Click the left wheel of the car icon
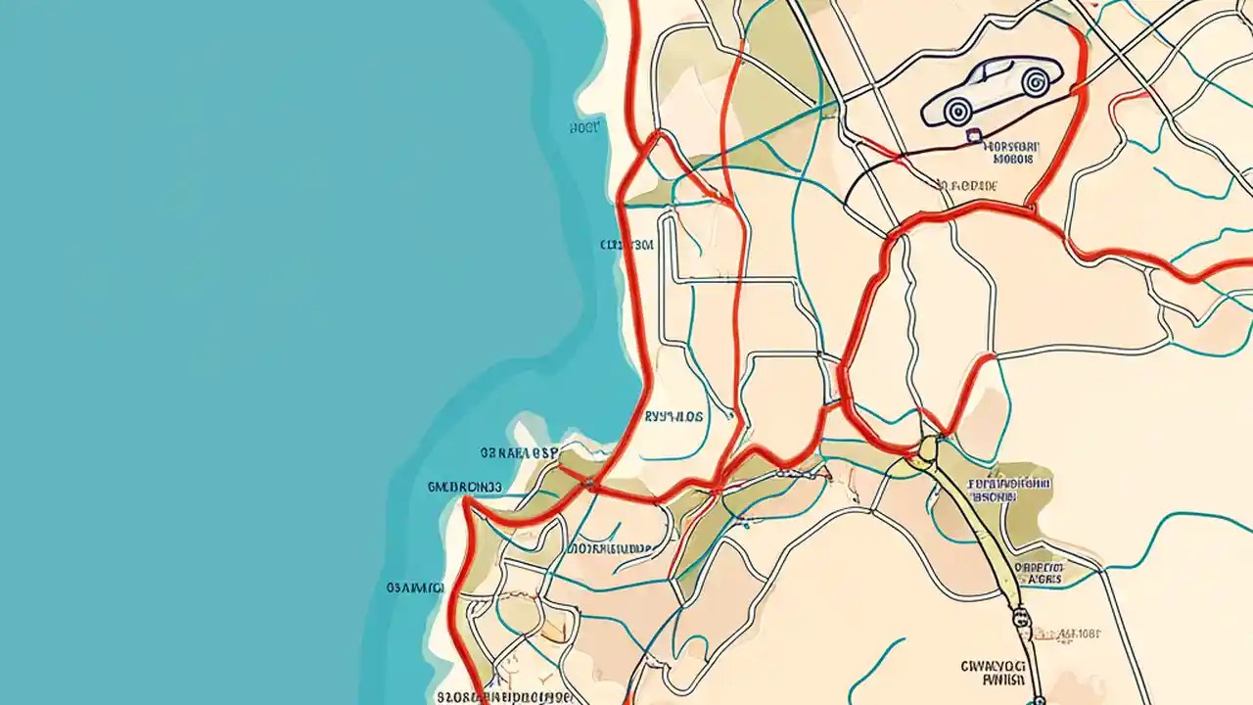[x=957, y=111]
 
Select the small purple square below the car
[x=973, y=137]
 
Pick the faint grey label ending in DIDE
[x=969, y=185]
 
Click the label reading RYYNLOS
[x=673, y=416]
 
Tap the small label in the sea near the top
[x=584, y=127]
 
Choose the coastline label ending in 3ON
[x=626, y=246]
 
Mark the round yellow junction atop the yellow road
[x=926, y=449]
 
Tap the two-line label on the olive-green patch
[x=1008, y=490]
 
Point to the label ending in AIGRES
[x=1040, y=573]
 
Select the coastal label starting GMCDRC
[x=465, y=486]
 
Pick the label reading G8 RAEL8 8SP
[x=519, y=453]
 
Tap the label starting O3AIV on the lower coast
[x=415, y=587]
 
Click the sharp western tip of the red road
[x=465, y=501]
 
